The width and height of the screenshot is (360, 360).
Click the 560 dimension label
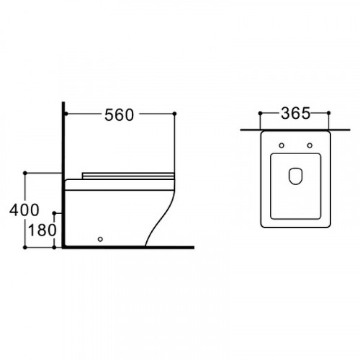[x=119, y=115]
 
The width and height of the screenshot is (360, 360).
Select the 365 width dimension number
[x=295, y=113]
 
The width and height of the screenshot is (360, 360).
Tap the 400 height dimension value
[x=24, y=210]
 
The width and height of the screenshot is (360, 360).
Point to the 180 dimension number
[x=42, y=230]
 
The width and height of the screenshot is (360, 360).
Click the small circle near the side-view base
[x=100, y=239]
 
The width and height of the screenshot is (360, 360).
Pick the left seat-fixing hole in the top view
[x=282, y=145]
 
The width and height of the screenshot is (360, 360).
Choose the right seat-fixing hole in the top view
[x=310, y=145]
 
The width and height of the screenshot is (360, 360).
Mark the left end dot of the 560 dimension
[x=66, y=114]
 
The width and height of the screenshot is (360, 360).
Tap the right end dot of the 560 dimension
[x=174, y=114]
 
